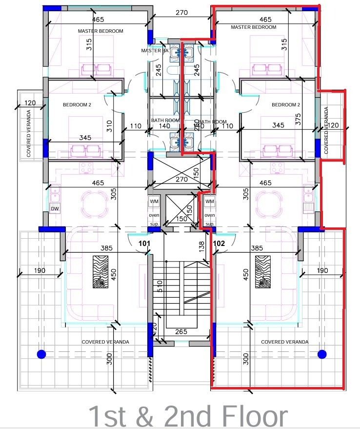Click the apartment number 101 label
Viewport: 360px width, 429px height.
(144, 243)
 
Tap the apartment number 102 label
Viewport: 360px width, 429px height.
(219, 243)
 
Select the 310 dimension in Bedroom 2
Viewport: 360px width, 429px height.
(109, 126)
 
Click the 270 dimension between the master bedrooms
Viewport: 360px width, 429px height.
(181, 14)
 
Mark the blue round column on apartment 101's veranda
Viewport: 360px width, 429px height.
(41, 354)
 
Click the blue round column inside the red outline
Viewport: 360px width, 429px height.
(321, 354)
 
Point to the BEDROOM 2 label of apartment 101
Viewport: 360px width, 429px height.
(77, 104)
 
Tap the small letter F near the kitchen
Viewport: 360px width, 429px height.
(118, 168)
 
